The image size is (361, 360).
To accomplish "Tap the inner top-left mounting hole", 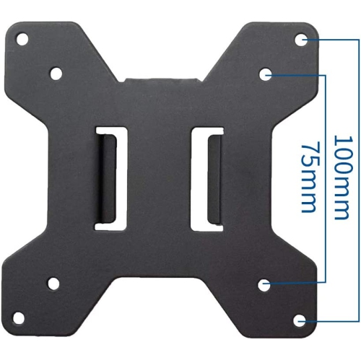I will (x=56, y=72).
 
